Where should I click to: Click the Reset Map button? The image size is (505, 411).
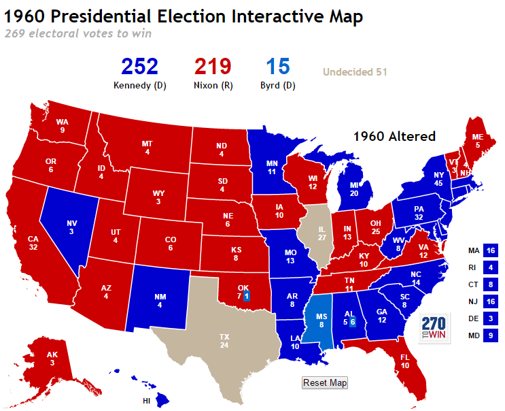click(x=325, y=383)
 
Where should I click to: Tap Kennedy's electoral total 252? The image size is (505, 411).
click(x=139, y=67)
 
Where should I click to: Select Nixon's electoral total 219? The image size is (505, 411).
click(x=213, y=67)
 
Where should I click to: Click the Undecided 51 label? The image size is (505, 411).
click(x=355, y=71)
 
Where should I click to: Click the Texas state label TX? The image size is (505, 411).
click(x=224, y=337)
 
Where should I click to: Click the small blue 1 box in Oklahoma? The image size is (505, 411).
click(x=246, y=296)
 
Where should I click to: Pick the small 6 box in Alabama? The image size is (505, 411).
click(x=353, y=322)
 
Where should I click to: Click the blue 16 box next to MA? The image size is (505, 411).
click(x=491, y=250)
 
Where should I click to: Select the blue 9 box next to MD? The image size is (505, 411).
click(x=491, y=335)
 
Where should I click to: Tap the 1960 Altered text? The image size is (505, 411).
click(x=394, y=136)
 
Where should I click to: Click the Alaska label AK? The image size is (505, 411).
click(x=52, y=355)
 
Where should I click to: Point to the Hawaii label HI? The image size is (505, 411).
click(x=147, y=401)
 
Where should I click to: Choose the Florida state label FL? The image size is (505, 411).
click(x=405, y=356)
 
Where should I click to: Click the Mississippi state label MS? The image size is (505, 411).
click(x=322, y=317)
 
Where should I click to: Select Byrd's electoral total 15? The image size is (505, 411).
click(x=278, y=67)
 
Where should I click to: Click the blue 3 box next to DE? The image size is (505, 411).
click(x=491, y=318)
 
